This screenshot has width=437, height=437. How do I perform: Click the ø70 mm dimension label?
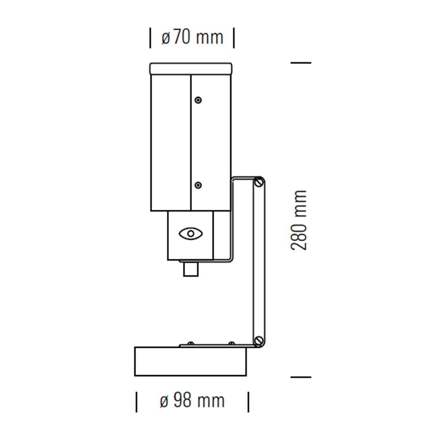tap(192, 38)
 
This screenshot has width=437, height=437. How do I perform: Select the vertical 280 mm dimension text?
tap(299, 220)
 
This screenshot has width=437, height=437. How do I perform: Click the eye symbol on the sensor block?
tap(191, 233)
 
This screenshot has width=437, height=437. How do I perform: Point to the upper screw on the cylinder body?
tap(198, 100)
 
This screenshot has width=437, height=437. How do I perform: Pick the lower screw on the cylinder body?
tap(198, 185)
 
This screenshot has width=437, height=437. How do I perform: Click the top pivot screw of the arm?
tap(259, 182)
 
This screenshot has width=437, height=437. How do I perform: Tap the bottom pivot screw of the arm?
tap(259, 347)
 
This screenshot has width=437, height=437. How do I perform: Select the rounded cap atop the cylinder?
tap(191, 69)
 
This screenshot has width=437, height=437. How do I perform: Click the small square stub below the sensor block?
tap(191, 269)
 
